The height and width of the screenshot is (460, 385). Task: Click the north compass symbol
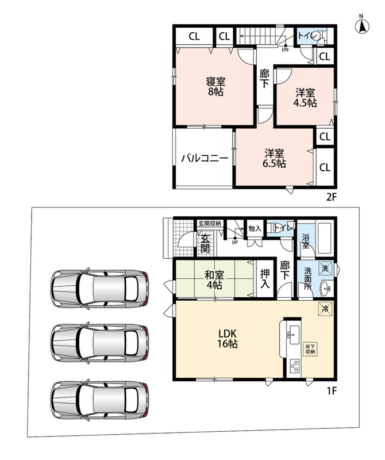[x=362, y=25]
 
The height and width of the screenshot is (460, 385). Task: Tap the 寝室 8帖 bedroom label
[x=216, y=86]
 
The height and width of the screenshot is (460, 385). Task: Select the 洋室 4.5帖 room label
[x=305, y=98]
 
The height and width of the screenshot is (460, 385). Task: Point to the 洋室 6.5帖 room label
[x=274, y=159]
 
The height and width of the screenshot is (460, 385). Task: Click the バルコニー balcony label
[x=205, y=159]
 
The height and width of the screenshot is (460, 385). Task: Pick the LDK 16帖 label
[x=228, y=338]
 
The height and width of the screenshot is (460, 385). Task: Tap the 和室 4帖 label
[x=214, y=280]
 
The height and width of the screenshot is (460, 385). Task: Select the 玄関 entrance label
[x=205, y=243]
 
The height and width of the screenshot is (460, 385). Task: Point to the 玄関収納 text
[x=209, y=223]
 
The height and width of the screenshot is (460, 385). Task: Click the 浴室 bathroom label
[x=306, y=240]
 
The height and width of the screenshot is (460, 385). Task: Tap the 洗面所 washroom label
[x=307, y=278]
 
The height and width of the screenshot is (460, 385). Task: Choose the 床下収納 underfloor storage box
[x=310, y=349]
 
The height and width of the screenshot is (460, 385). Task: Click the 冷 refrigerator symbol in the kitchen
[x=325, y=308]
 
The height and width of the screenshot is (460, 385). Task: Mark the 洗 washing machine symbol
[x=326, y=267]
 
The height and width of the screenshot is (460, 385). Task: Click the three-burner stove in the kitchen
[x=294, y=366]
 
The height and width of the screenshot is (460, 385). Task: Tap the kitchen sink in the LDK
[x=294, y=335]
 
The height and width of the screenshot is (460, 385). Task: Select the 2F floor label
[x=332, y=197]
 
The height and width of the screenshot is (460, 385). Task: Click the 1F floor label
[x=332, y=391]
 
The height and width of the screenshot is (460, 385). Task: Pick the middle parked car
[x=99, y=342]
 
